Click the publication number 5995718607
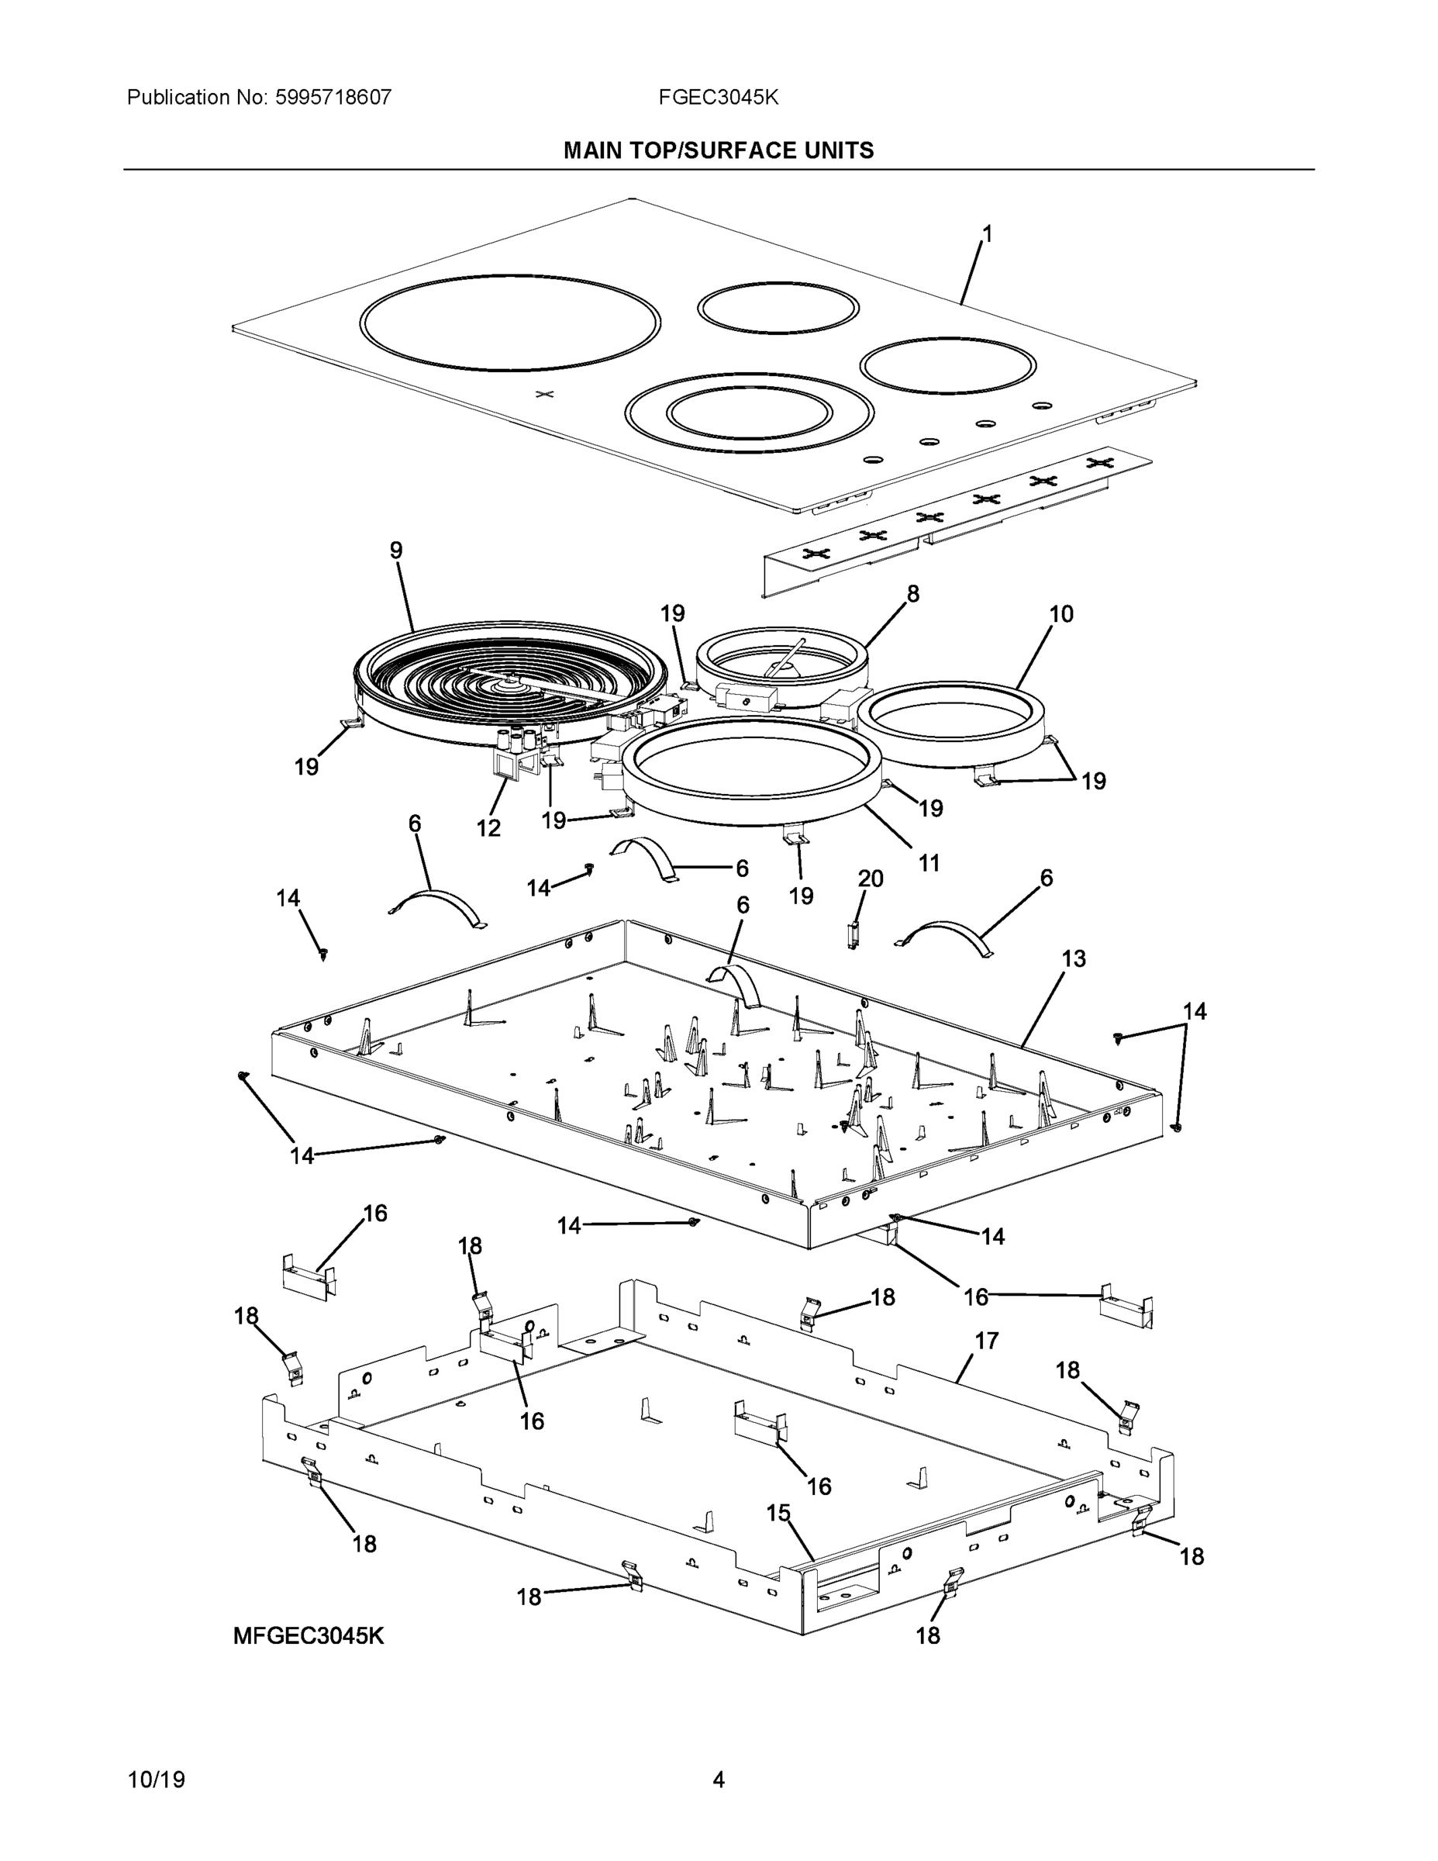point(333,97)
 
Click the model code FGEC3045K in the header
point(717,97)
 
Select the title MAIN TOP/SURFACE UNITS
point(718,151)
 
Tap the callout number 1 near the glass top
point(987,233)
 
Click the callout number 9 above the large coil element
point(396,551)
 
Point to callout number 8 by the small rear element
point(913,594)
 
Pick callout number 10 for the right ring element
point(1060,613)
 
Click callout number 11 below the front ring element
point(929,863)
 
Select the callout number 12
point(488,827)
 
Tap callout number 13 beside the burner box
point(1074,958)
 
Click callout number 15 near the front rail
point(778,1513)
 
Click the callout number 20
point(871,879)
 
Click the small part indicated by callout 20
point(852,934)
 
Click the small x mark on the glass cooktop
point(545,394)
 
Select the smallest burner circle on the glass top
point(778,308)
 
